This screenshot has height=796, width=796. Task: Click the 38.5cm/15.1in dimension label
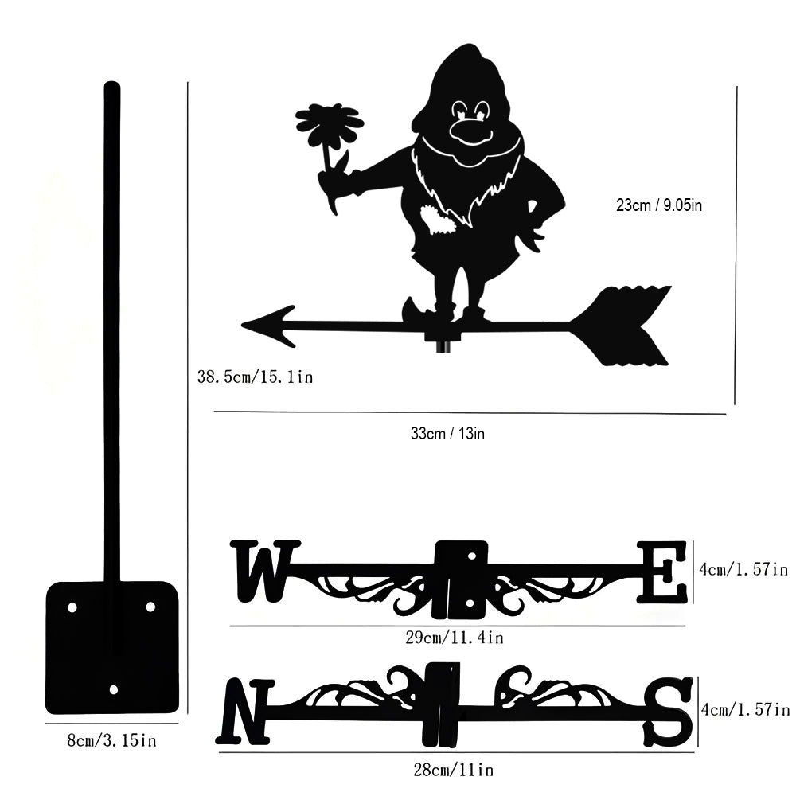pos(255,376)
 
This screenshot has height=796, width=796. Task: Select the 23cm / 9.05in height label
pos(659,205)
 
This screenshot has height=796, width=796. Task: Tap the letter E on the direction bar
pos(662,572)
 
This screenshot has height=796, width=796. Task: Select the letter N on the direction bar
pos(245,710)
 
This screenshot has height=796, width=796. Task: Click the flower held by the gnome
pos(329,124)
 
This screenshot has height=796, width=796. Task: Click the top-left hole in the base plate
pos(72,607)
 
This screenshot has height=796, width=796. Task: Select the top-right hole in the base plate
pos(150,607)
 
